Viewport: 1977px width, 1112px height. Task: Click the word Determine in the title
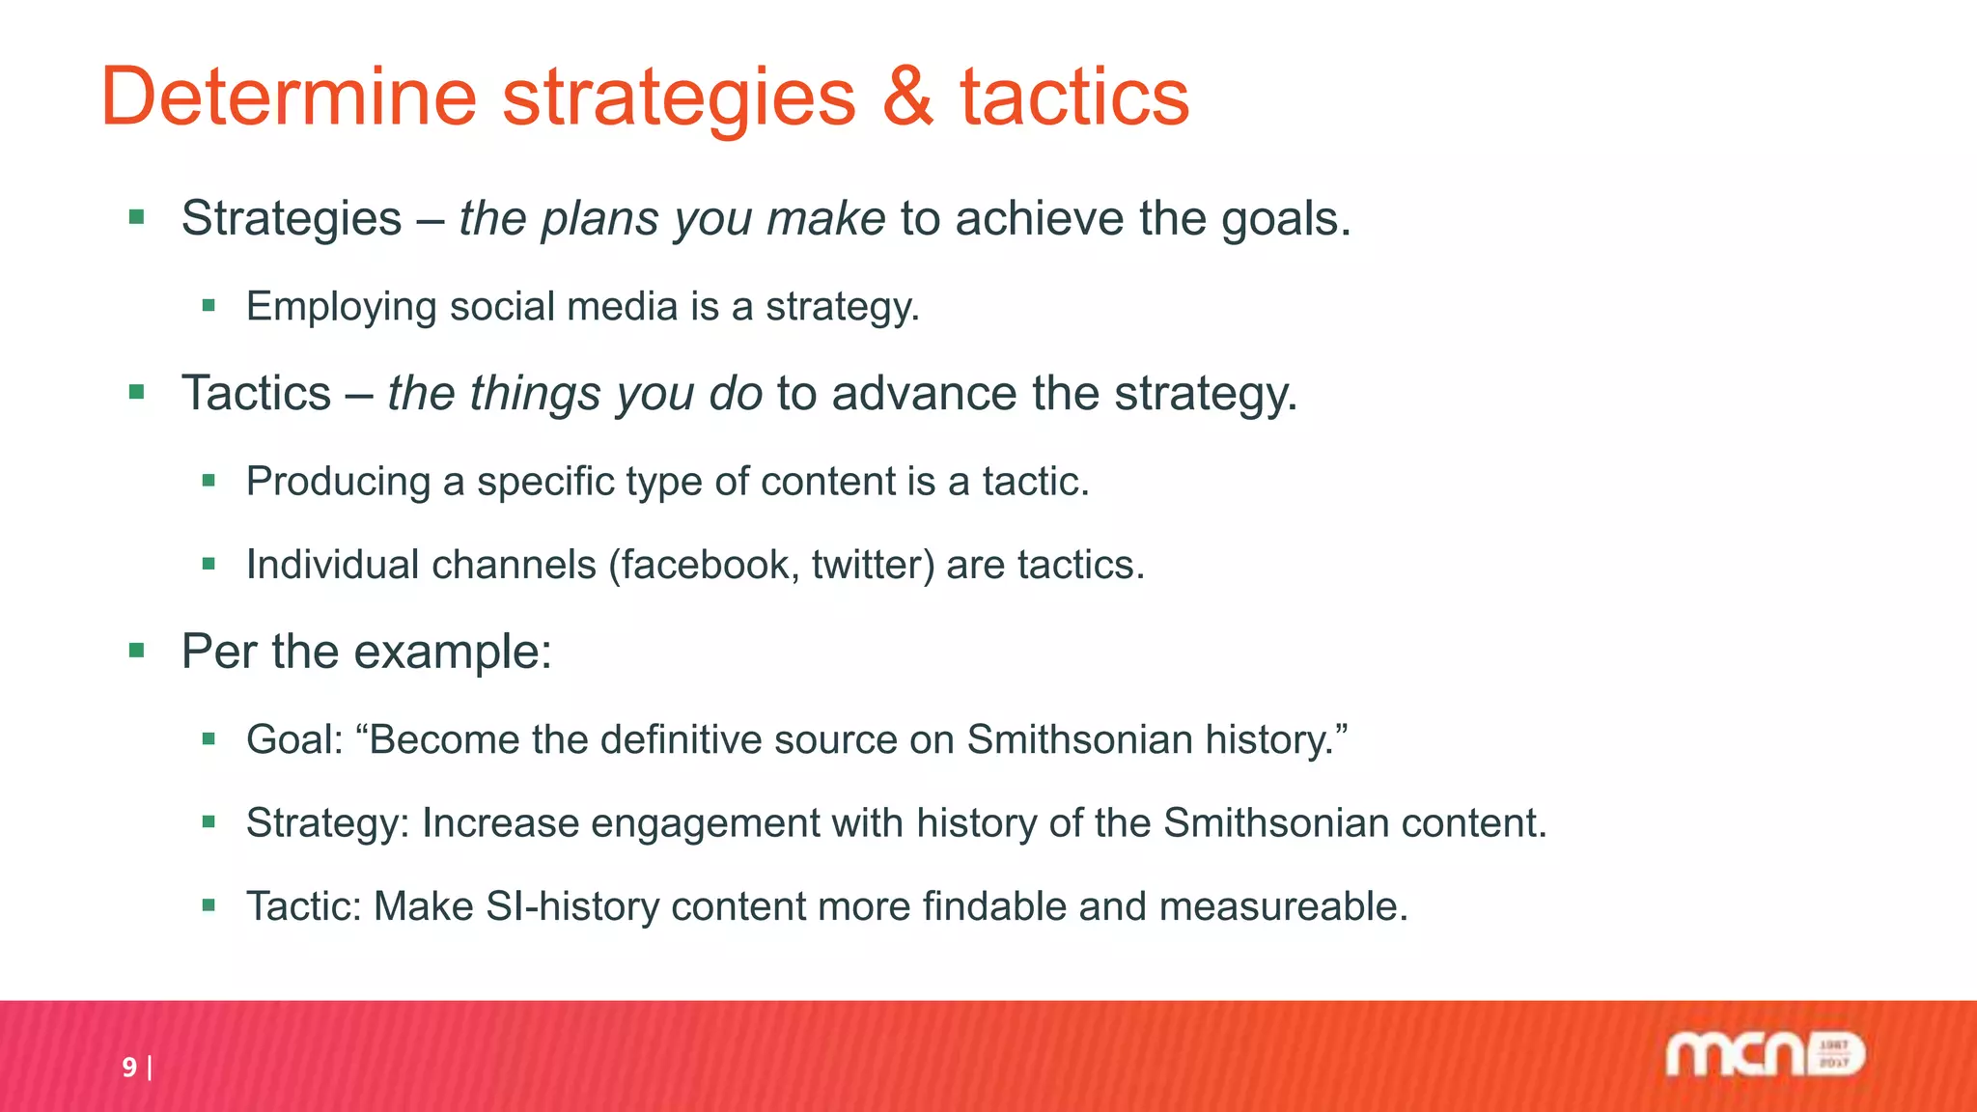[x=289, y=97]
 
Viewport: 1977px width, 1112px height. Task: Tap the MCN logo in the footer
[x=1765, y=1055]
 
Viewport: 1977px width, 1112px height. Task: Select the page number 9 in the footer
[x=129, y=1067]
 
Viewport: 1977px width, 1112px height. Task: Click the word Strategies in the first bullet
[x=292, y=218]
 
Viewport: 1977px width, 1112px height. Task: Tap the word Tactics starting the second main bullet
[x=257, y=394]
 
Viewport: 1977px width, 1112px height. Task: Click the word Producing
[x=338, y=482]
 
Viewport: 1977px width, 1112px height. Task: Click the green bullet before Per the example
[x=136, y=652]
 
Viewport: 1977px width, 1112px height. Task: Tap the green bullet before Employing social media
[x=209, y=306]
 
